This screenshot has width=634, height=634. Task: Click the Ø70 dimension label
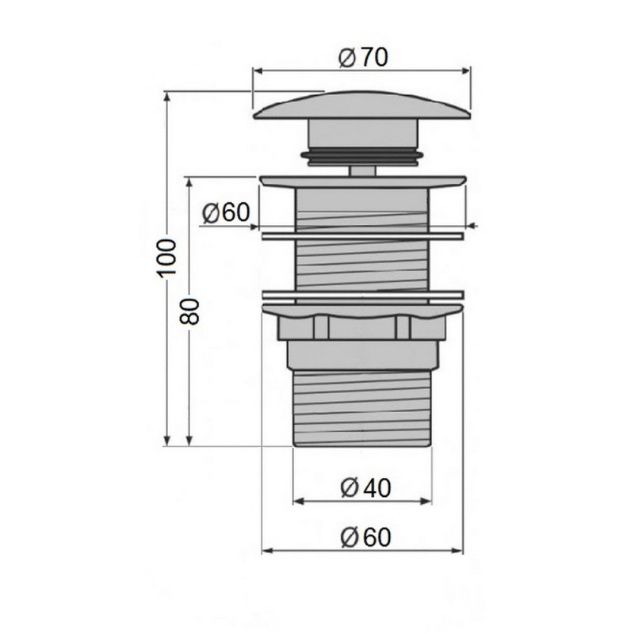[x=363, y=58]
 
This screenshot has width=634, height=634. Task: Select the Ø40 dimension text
[x=365, y=488]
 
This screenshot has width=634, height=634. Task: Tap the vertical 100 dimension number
[x=167, y=258]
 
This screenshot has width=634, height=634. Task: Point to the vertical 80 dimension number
[x=189, y=311]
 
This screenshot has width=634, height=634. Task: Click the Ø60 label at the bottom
[x=366, y=537]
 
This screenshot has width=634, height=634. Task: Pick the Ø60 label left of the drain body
[x=226, y=212]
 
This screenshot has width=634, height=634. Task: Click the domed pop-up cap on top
[x=362, y=105]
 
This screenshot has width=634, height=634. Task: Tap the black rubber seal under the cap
[x=362, y=158]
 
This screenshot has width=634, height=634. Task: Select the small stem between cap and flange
[x=363, y=170]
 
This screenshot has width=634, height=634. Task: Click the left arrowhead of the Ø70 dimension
[x=258, y=71]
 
